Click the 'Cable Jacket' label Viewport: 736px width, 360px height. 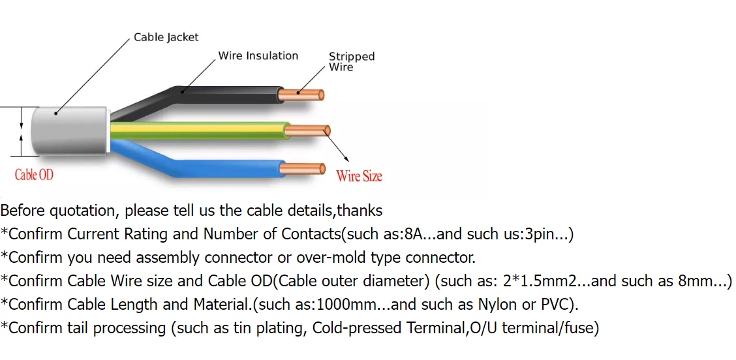(x=166, y=37)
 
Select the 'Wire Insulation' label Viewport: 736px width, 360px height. (x=258, y=56)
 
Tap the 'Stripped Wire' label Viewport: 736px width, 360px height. (x=351, y=61)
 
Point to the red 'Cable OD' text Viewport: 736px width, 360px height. (x=34, y=175)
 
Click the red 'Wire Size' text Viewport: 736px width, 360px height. (x=359, y=175)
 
